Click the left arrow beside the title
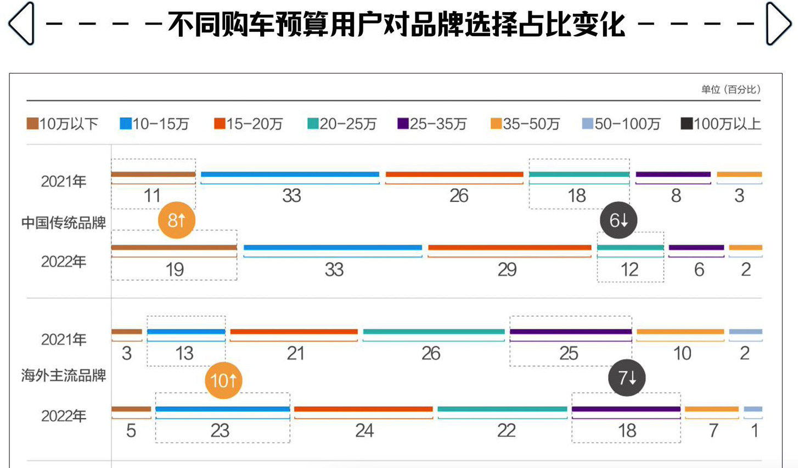tap(21, 24)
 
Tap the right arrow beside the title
tap(778, 24)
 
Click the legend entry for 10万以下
tap(63, 124)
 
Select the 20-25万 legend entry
tap(342, 124)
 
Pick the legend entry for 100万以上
tap(721, 124)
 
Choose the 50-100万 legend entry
tap(621, 124)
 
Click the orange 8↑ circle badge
tap(176, 221)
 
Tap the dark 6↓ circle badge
tap(619, 221)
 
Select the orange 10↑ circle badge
tap(223, 380)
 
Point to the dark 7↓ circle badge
tap(627, 378)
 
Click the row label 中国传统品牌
tap(64, 223)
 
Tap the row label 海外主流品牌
tap(64, 375)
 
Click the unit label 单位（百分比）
tap(730, 89)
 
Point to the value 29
tap(507, 269)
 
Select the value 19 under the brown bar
tap(175, 269)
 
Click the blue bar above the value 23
tap(222, 409)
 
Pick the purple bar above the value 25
tap(570, 332)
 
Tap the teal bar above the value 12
tap(630, 248)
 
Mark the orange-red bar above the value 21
tap(294, 332)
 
